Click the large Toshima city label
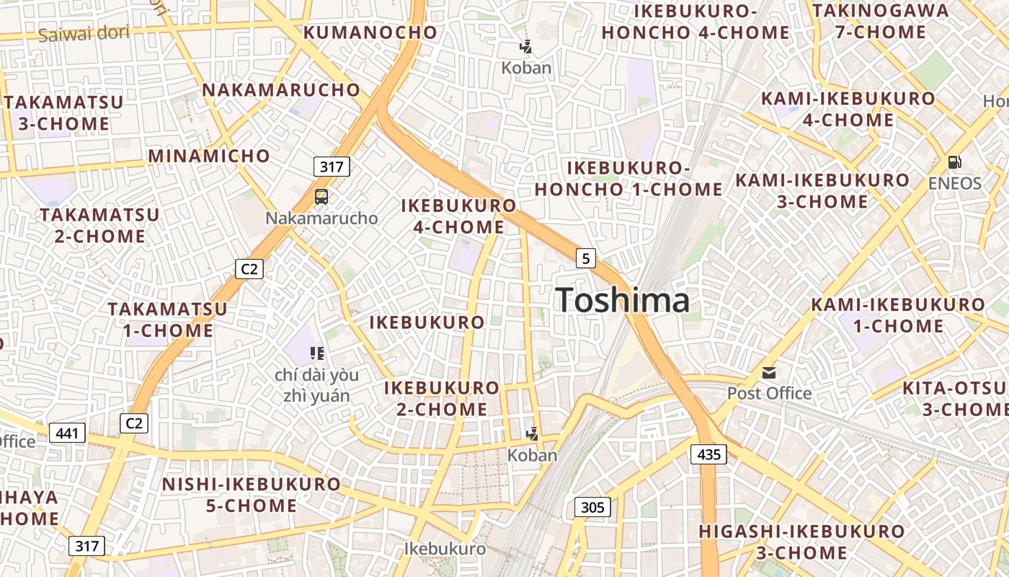pos(622,300)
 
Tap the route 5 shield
pos(586,257)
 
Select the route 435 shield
pos(708,454)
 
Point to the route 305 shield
pos(592,507)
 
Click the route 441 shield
pos(68,433)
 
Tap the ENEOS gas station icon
pos(954,162)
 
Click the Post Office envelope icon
pos(769,373)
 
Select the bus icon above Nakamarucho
pos(321,196)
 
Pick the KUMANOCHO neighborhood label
pos(370,32)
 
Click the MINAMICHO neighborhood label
pos(209,156)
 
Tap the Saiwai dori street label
pos(84,33)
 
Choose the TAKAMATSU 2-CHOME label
pos(99,225)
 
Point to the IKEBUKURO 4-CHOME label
pos(459,216)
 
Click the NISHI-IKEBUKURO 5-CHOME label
pos(252,494)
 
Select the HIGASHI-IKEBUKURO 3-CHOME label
pos(801,542)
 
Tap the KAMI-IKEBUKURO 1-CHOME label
pos(897,315)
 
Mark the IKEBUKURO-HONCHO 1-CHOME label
pos(628,178)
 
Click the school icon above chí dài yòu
pos(316,353)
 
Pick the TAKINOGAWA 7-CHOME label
pos(880,21)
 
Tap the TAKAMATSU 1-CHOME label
pos(168,320)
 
